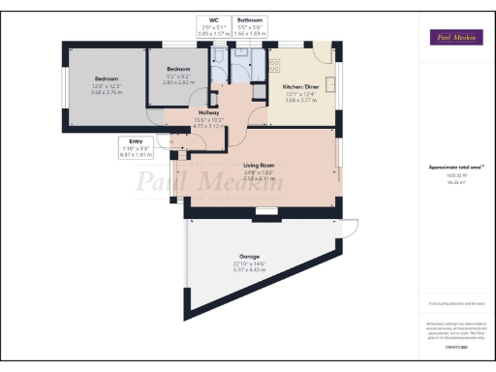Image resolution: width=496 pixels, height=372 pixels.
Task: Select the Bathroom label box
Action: point(249,25)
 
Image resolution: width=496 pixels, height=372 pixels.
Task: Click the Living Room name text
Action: point(259,166)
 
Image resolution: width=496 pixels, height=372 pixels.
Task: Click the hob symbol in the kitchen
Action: point(274,65)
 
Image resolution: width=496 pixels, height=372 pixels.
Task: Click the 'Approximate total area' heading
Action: point(455,168)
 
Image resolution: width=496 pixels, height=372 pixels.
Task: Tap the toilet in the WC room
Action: point(214,55)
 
